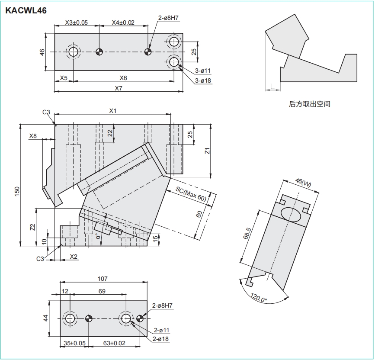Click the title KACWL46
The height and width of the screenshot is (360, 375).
(x=26, y=10)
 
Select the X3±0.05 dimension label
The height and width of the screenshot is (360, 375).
(x=76, y=22)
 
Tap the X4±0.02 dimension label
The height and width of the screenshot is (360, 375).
(x=123, y=22)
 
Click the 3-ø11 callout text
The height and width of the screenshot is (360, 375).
(x=202, y=71)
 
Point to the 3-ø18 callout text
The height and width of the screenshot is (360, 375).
(x=202, y=80)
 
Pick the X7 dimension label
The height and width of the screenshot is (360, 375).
(x=119, y=88)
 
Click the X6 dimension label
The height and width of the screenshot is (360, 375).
(x=123, y=78)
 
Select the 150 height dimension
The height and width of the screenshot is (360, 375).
(x=17, y=191)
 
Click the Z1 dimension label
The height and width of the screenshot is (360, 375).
(x=207, y=151)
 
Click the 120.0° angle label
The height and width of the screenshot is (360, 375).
(x=259, y=299)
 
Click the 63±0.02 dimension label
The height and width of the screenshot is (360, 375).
(x=115, y=343)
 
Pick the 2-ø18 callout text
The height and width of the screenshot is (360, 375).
(x=160, y=339)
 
